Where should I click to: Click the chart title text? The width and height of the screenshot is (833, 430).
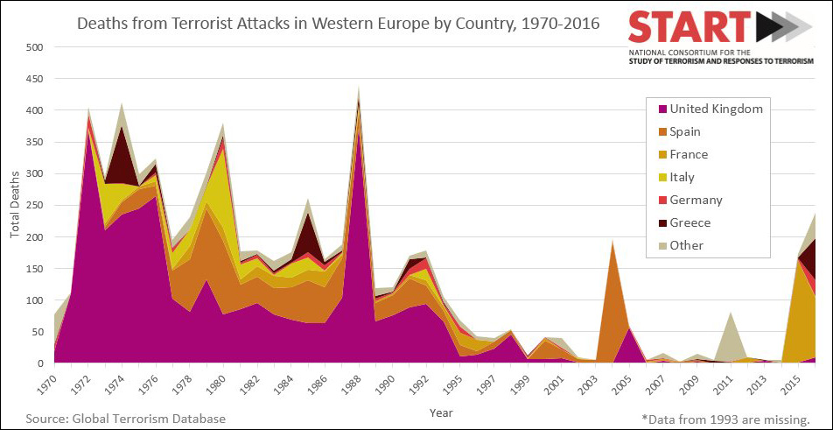point(339,23)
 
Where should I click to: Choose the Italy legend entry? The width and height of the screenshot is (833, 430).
point(682,178)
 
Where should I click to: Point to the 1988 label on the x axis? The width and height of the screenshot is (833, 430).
point(357,383)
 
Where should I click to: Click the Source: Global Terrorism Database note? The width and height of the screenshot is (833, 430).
point(126,419)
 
